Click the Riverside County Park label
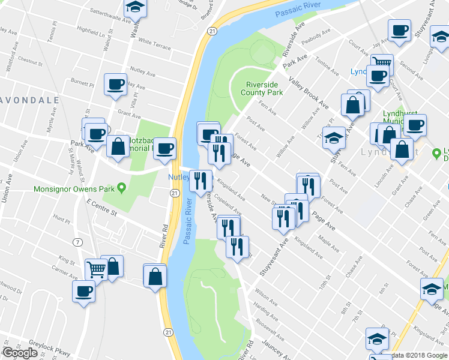coord(262,89)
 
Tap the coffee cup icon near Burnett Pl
coord(115,85)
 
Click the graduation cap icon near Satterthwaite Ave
coord(135,7)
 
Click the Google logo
coord(20,353)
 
